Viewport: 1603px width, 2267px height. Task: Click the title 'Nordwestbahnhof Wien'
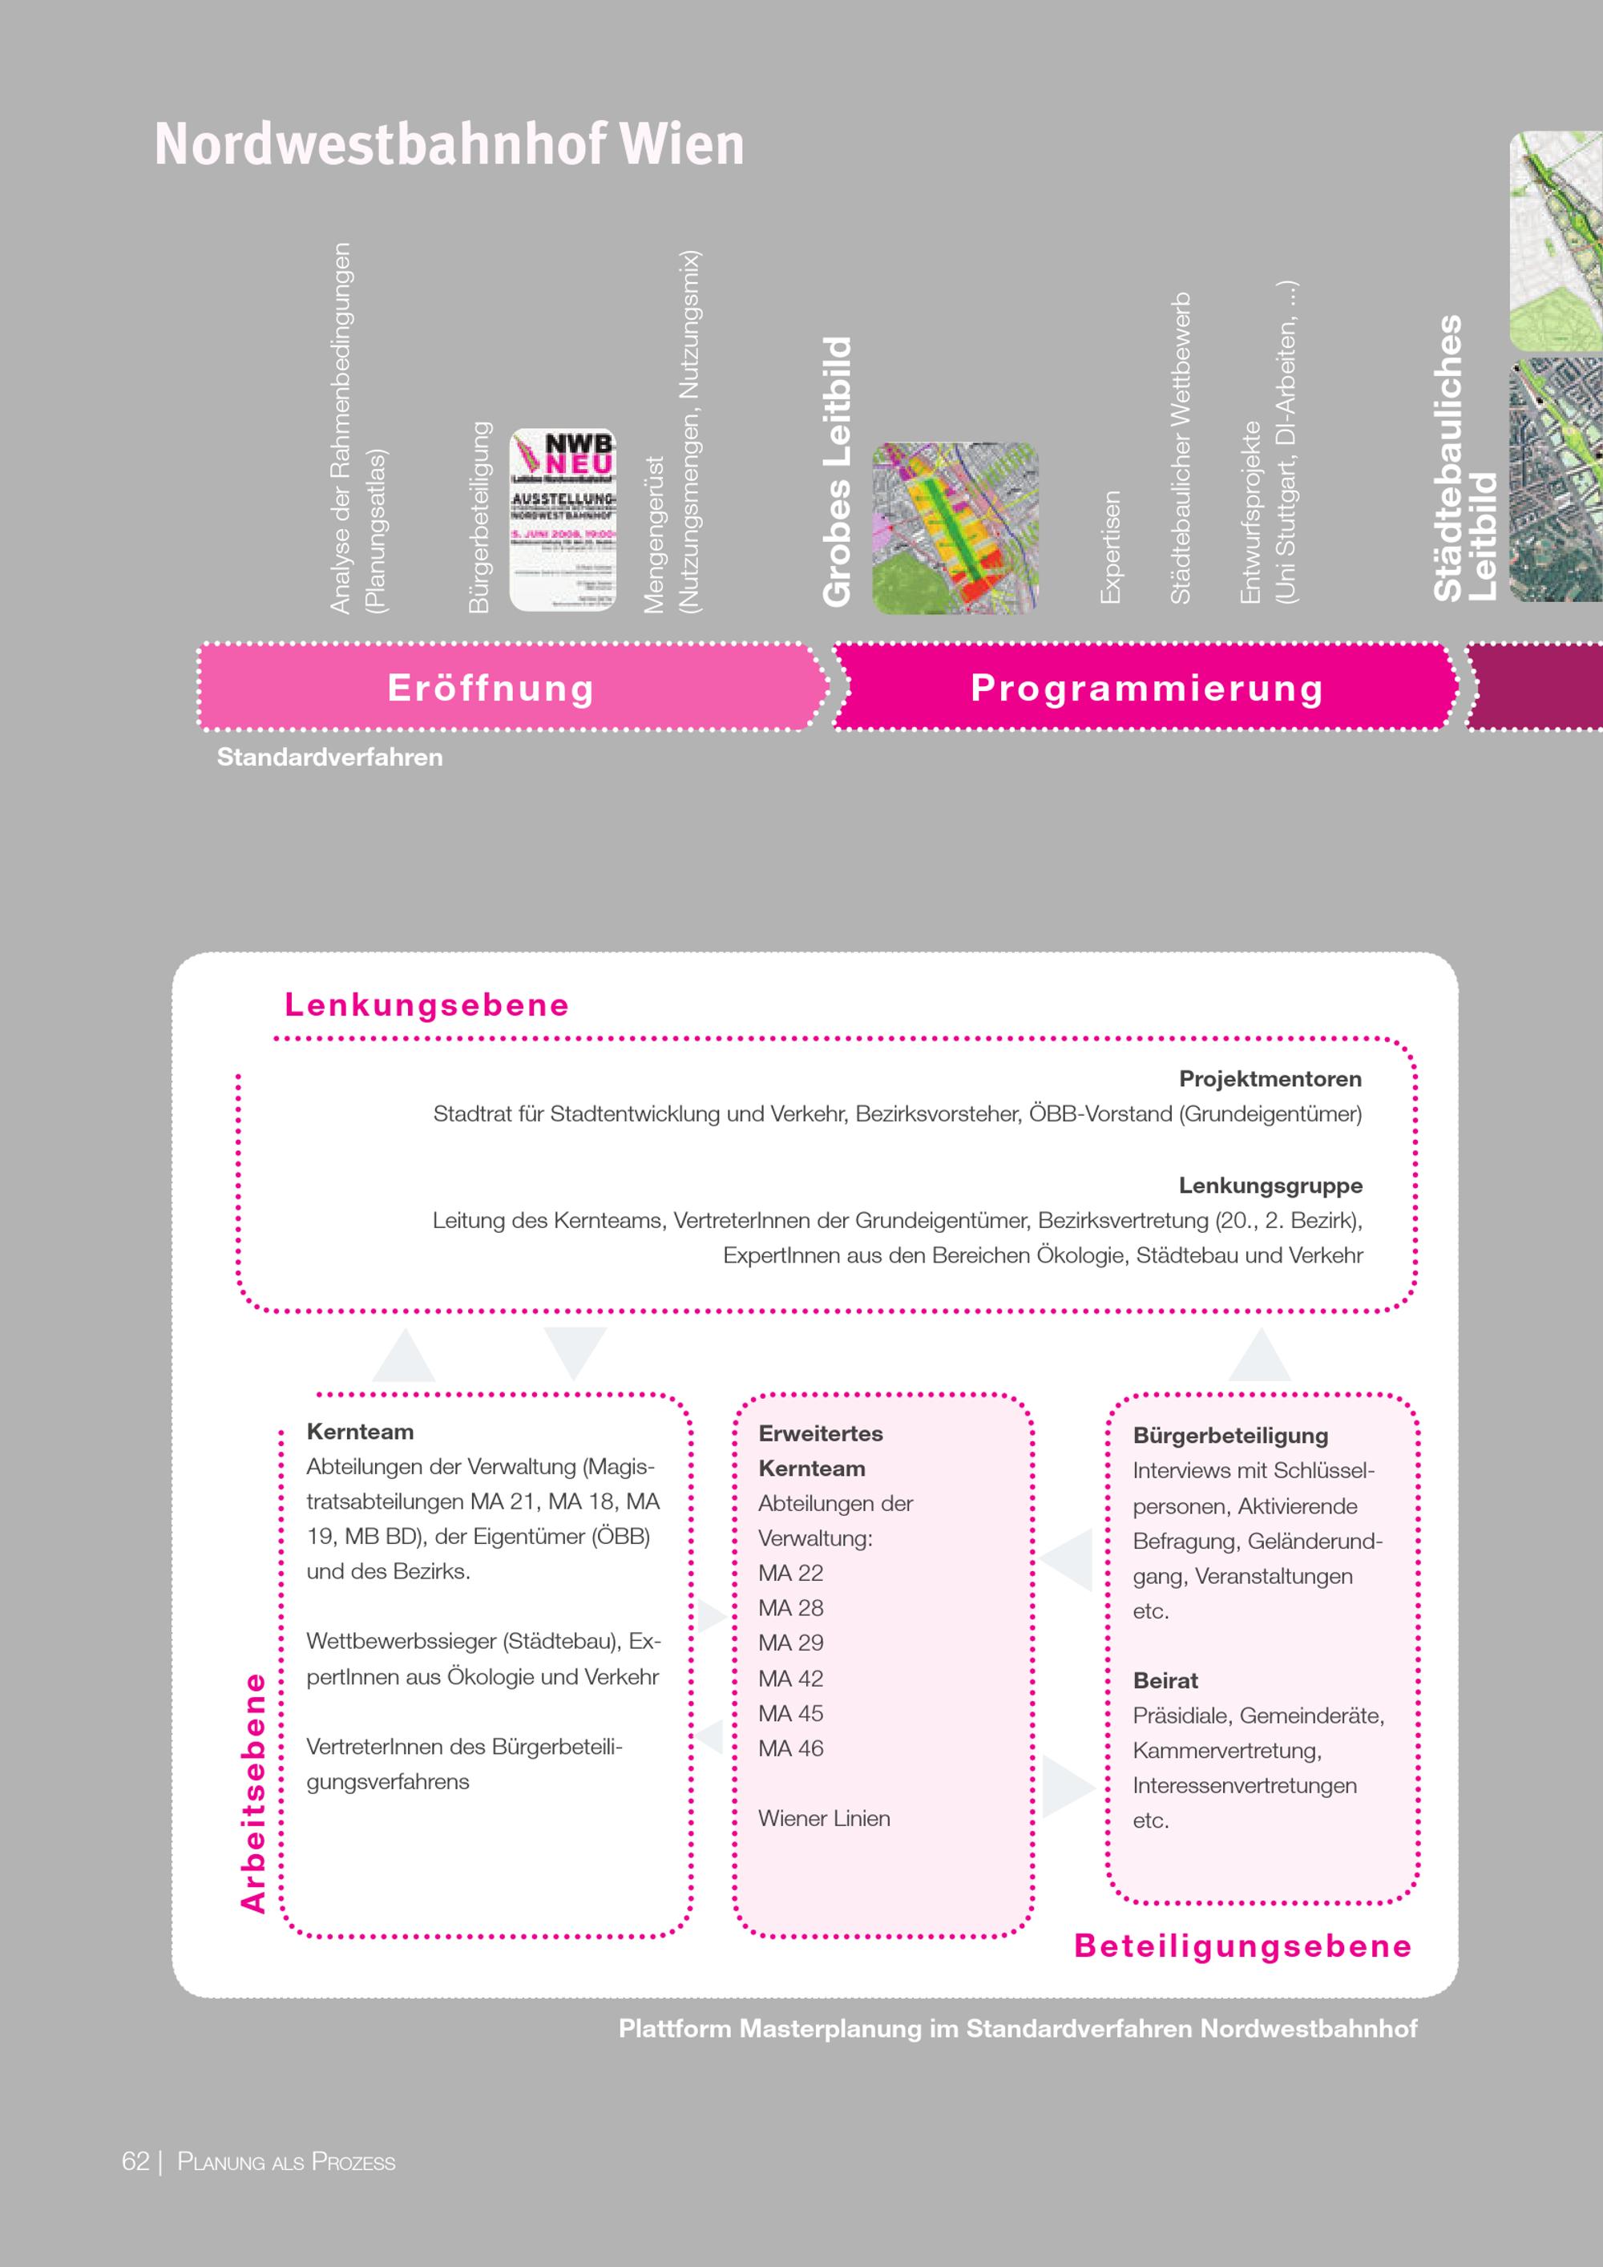[449, 144]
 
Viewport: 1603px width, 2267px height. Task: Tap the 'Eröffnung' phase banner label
[491, 687]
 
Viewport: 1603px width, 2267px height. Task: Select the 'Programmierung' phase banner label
[1147, 687]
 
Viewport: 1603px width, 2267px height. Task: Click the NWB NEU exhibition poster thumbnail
[563, 520]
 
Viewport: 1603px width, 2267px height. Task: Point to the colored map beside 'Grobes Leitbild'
[955, 528]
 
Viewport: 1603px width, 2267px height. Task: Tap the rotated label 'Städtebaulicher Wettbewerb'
[1181, 448]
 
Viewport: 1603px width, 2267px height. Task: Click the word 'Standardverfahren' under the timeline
[329, 758]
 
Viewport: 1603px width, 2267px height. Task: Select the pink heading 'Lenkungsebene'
[427, 1004]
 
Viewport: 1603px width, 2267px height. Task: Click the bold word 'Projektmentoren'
[1270, 1078]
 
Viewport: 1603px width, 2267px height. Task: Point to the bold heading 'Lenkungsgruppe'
[1270, 1185]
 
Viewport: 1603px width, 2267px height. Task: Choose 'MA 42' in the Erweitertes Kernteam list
[790, 1679]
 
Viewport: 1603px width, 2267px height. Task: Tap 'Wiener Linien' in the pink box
[824, 1818]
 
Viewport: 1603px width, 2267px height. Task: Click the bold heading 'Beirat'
[1165, 1680]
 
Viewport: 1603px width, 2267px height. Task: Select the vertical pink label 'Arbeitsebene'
[254, 1792]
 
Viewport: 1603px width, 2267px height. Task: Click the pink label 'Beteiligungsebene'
[1242, 1946]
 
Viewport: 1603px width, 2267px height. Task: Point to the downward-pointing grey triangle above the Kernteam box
[575, 1350]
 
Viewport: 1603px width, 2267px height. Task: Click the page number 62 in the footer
[135, 2161]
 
